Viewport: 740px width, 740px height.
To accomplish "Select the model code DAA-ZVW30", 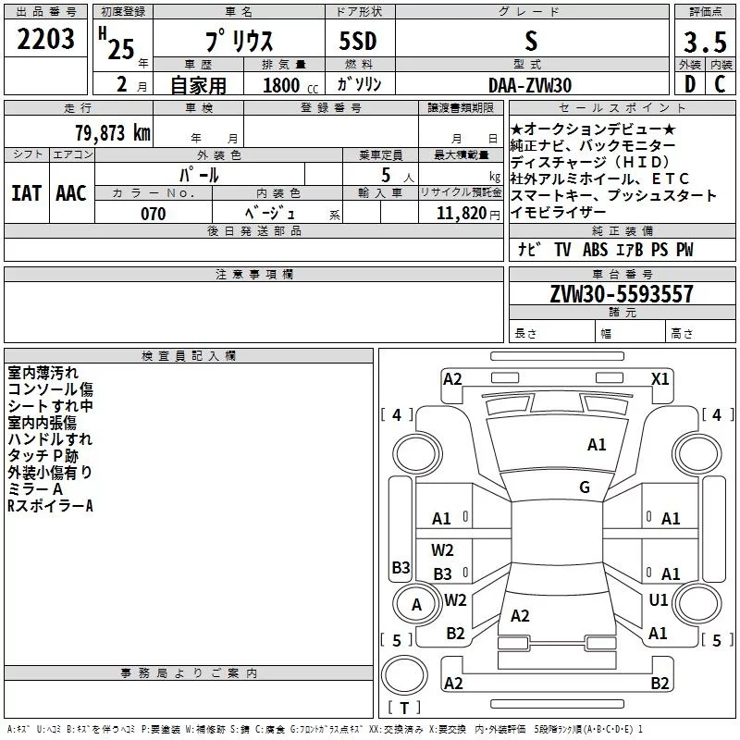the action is point(530,84).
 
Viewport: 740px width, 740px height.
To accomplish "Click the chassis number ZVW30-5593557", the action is point(621,294).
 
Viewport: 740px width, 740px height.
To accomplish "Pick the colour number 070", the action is point(153,214).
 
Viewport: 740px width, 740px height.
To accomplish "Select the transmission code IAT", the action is point(26,192).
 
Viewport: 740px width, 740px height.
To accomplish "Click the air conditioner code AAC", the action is point(70,192).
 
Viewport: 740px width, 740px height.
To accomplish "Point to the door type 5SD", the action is point(358,41).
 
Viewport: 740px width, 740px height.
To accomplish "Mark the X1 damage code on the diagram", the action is point(660,378).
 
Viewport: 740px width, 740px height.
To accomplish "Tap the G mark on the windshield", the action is point(584,487).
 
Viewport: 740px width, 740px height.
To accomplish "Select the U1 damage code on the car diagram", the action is point(658,599).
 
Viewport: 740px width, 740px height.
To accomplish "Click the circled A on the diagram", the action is point(416,605).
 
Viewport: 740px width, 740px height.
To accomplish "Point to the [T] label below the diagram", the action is point(403,709).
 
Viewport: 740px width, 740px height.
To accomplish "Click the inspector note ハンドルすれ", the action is point(50,439).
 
